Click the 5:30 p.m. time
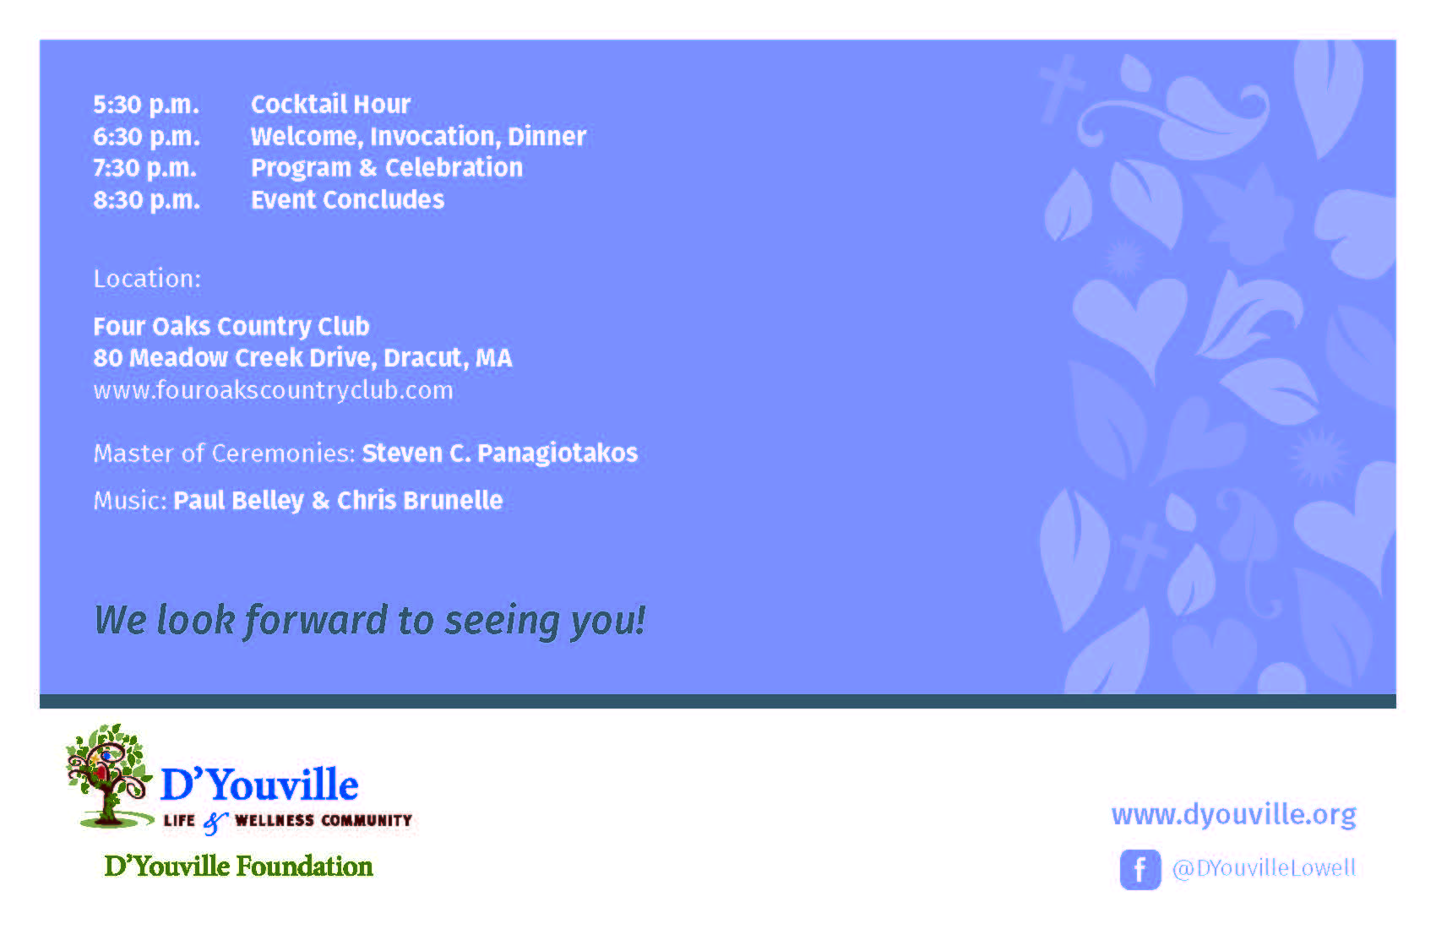[146, 105]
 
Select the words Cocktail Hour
[331, 104]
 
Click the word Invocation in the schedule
[432, 137]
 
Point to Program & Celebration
[387, 168]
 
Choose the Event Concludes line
[347, 199]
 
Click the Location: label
[148, 278]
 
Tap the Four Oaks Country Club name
[231, 327]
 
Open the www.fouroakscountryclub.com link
[274, 390]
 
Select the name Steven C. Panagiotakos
[500, 454]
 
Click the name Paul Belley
[238, 501]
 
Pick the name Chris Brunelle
[420, 500]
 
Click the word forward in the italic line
[317, 621]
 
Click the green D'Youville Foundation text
[238, 867]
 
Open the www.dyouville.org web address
[1234, 815]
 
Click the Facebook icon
[1140, 869]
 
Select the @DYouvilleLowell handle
[1265, 868]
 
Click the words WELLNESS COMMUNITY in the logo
[323, 821]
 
